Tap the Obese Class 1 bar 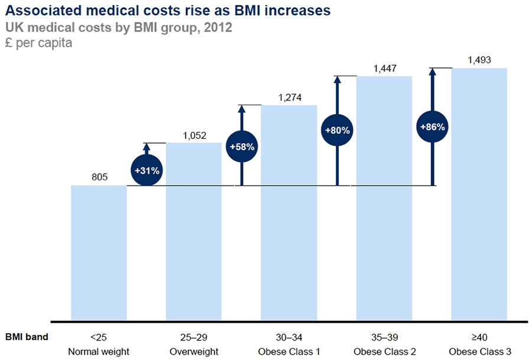pos(288,213)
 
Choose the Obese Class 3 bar pos(479,194)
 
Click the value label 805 pos(99,176)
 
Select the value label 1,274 pos(288,96)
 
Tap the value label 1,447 pos(384,68)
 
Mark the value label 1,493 pos(479,60)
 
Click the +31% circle pos(147,171)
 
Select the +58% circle pos(242,147)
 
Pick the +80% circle pos(337,130)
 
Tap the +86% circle pos(432,127)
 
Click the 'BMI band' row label pos(27,338)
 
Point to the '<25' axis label pos(99,338)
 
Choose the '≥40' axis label pos(479,338)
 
